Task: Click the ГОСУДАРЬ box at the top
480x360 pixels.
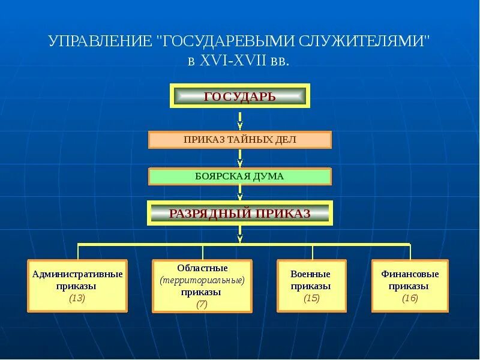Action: coord(240,96)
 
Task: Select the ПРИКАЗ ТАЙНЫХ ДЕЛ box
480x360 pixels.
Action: coord(240,140)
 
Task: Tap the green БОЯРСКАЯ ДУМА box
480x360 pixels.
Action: coord(240,176)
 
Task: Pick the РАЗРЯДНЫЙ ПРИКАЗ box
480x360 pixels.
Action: coord(240,213)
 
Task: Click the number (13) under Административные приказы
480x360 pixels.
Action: coord(77,298)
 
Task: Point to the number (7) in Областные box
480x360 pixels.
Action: coord(202,304)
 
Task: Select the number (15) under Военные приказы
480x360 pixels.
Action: coord(311,298)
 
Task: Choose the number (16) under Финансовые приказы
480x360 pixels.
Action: coord(410,298)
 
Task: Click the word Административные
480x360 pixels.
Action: coord(77,274)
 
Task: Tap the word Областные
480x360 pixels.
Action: coord(202,268)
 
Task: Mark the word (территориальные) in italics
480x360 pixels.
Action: coord(202,280)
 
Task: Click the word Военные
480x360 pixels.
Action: coord(311,274)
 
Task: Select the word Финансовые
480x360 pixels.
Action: coord(410,274)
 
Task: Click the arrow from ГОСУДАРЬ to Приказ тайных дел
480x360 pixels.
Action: coord(240,122)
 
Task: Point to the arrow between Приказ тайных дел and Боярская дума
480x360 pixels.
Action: coord(240,159)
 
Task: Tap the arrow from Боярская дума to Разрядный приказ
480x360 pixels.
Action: coord(240,193)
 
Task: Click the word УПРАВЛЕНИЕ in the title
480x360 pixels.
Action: coord(100,43)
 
